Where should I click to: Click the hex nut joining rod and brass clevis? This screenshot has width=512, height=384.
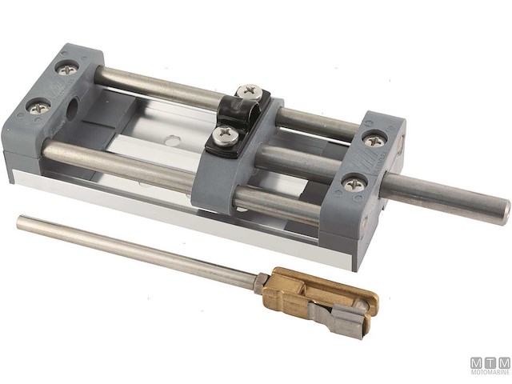(260, 281)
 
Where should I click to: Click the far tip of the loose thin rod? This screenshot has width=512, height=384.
(21, 221)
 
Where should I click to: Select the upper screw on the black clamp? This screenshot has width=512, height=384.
(249, 92)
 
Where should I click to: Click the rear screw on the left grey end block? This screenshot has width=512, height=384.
(69, 70)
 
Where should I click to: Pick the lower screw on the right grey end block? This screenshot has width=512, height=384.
(351, 183)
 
